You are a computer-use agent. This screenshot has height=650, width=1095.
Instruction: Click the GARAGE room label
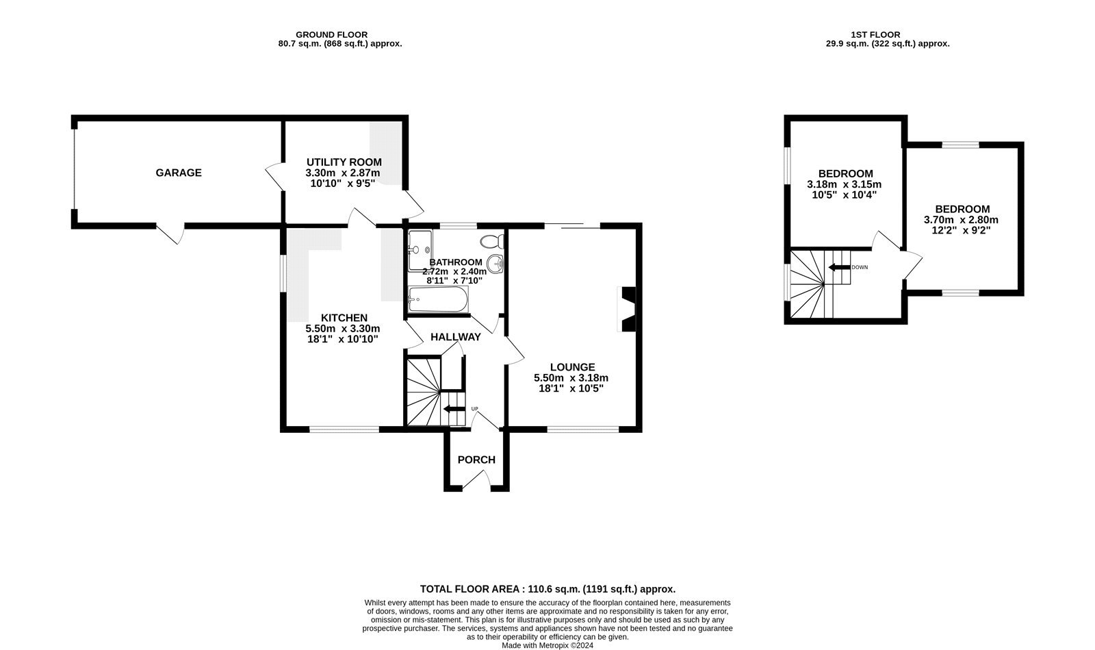tap(179, 173)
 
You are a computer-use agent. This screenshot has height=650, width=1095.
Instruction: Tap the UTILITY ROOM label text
tap(344, 162)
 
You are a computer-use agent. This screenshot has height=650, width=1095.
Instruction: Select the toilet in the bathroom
tap(492, 241)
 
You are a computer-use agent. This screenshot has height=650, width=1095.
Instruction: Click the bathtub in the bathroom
tap(438, 299)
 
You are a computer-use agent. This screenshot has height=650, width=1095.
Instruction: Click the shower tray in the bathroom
tap(420, 251)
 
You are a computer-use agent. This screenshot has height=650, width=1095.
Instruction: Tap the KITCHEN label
tap(344, 318)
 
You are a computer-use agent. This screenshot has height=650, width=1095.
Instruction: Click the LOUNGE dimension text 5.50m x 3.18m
tap(571, 377)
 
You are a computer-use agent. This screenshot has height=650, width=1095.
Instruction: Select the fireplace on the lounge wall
tap(627, 308)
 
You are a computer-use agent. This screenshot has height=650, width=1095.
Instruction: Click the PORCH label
tap(476, 460)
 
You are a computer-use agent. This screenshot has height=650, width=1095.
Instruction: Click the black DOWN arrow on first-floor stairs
tap(838, 266)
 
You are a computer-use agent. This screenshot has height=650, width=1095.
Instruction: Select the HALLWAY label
tap(455, 337)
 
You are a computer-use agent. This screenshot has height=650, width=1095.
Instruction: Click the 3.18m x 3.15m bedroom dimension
tap(844, 184)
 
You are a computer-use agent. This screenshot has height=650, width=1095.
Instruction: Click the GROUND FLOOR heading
tap(331, 34)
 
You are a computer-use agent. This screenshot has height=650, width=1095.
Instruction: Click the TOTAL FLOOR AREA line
tap(547, 589)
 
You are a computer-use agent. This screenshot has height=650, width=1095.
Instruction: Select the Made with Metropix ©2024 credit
tap(547, 645)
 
